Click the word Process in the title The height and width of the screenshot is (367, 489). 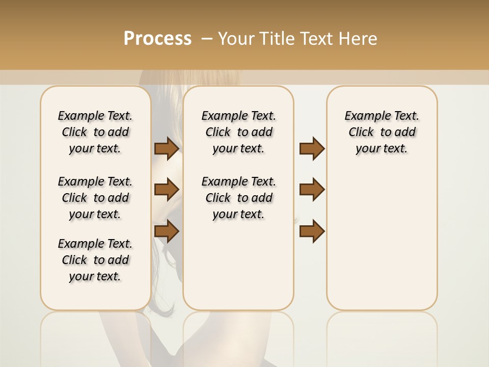click(157, 39)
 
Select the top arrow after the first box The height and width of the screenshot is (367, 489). click(167, 149)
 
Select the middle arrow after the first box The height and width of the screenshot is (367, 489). click(167, 190)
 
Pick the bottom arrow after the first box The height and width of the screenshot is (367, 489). click(167, 232)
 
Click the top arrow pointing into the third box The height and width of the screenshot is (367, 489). click(312, 149)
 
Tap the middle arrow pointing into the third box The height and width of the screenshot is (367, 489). click(312, 190)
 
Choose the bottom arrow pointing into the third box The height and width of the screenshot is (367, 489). click(312, 232)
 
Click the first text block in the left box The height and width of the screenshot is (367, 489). click(95, 132)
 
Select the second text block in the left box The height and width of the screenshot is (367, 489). click(95, 198)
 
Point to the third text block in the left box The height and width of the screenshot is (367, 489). click(95, 260)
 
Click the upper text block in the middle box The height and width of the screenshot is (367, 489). click(239, 132)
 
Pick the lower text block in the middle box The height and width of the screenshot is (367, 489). click(239, 198)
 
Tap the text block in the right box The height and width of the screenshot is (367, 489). click(382, 132)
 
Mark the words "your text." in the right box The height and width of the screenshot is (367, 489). click(382, 149)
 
